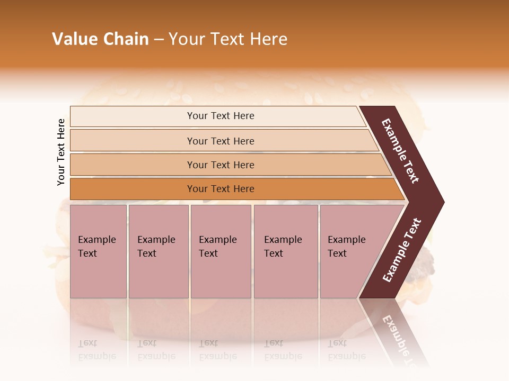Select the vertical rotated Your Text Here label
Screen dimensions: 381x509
(x=61, y=152)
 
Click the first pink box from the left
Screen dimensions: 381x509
(x=98, y=251)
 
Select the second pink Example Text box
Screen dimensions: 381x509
(x=159, y=251)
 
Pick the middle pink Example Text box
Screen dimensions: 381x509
(x=221, y=251)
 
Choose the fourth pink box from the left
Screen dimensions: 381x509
(x=286, y=251)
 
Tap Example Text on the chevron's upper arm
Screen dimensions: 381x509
(x=400, y=151)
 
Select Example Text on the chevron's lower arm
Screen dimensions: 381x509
(x=402, y=250)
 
